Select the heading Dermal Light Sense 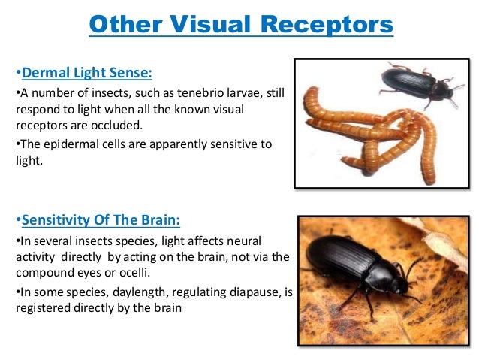coord(87,73)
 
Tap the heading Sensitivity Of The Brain coord(101,220)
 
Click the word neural coord(240,241)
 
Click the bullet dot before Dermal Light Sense coord(17,74)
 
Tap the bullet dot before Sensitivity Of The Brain coord(17,221)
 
